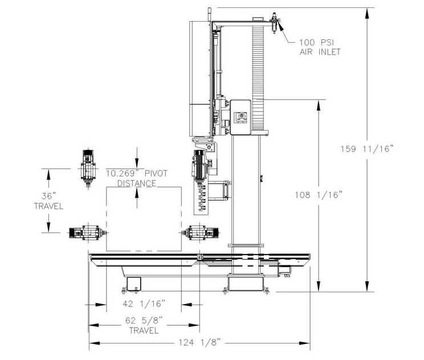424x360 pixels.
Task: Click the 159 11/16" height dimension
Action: [x=366, y=149]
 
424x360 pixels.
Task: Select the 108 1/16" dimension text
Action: [x=318, y=195]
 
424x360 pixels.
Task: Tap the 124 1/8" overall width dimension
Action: [x=199, y=343]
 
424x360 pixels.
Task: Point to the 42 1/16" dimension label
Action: [x=144, y=304]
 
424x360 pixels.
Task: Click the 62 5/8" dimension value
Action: [x=144, y=321]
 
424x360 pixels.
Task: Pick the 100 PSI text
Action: [x=316, y=42]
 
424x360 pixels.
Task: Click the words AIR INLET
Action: [x=320, y=52]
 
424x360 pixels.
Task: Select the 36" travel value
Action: [x=48, y=196]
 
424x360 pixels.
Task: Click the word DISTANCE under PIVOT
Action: [x=137, y=183]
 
